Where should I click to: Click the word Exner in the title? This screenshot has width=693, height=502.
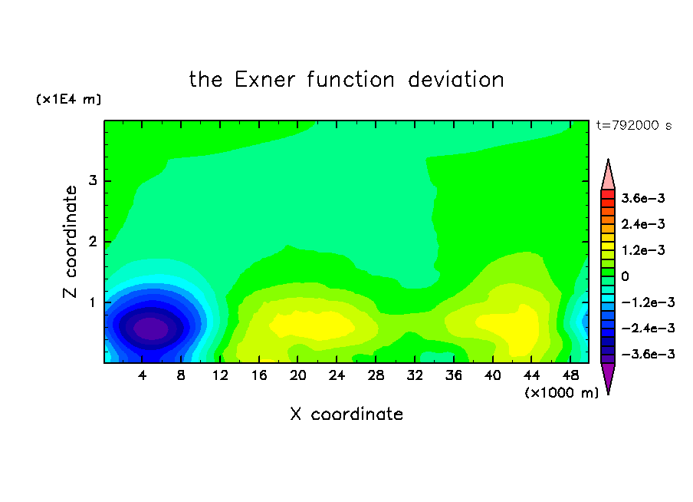click(x=264, y=80)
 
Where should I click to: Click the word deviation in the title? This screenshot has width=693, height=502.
click(x=455, y=80)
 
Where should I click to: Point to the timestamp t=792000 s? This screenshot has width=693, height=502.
click(x=634, y=126)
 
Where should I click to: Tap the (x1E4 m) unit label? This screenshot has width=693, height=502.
click(x=68, y=99)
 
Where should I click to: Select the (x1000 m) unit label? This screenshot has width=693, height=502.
click(x=561, y=393)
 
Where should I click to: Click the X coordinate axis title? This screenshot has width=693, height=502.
click(x=346, y=414)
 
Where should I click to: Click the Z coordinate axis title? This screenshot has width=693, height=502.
click(x=70, y=242)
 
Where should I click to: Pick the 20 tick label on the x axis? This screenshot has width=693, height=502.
click(x=298, y=376)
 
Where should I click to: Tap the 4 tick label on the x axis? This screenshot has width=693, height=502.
click(x=142, y=376)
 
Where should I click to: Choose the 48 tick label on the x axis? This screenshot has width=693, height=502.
click(x=570, y=376)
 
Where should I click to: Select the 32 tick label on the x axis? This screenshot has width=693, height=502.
click(x=415, y=376)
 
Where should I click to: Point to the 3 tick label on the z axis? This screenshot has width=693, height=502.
click(x=93, y=180)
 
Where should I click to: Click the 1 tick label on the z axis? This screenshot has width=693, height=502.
click(x=93, y=302)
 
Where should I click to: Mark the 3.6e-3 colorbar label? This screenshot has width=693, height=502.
click(x=643, y=198)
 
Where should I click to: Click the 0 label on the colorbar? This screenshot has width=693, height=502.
click(x=625, y=276)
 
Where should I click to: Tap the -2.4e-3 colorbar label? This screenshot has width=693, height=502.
click(x=648, y=329)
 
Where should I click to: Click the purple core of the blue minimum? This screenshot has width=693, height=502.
click(x=151, y=329)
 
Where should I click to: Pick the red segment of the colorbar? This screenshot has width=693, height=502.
click(x=608, y=194)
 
